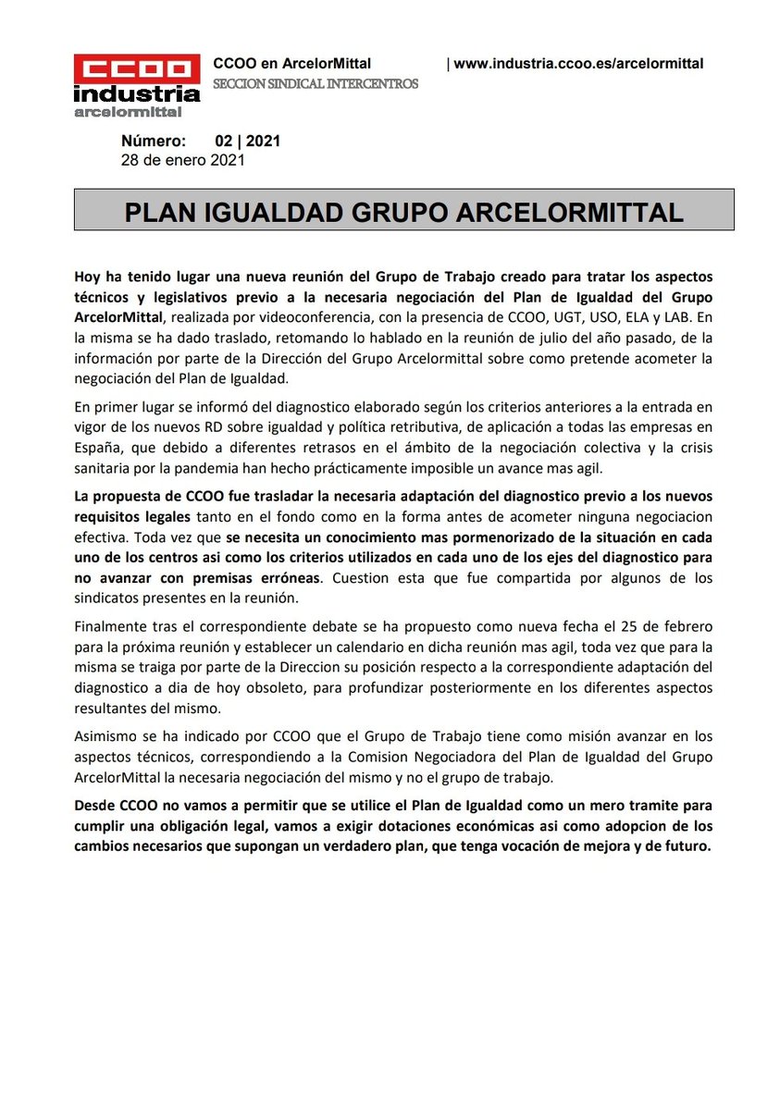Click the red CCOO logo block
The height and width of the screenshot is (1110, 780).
pyautogui.click(x=137, y=69)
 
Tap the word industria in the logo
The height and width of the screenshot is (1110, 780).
pyautogui.click(x=137, y=94)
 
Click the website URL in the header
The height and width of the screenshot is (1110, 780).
pyautogui.click(x=578, y=64)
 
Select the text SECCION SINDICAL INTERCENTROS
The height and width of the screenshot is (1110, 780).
pyautogui.click(x=316, y=83)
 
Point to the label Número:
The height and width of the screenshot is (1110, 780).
pyautogui.click(x=154, y=142)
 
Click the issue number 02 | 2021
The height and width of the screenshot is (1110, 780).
pyautogui.click(x=248, y=142)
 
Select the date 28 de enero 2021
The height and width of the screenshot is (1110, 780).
pyautogui.click(x=183, y=160)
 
